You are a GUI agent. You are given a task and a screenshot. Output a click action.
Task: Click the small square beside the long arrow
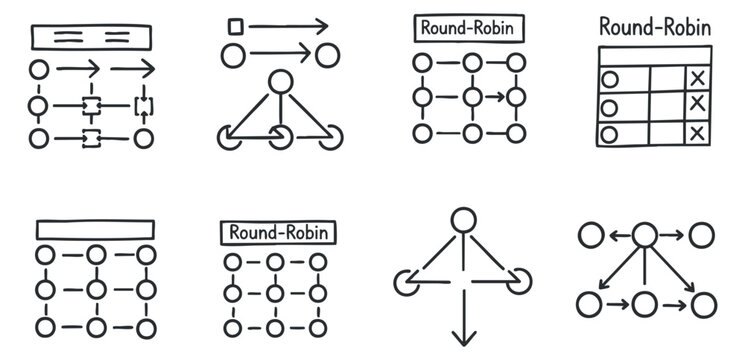tap(236, 26)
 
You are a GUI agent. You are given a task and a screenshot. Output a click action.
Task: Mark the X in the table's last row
tap(697, 133)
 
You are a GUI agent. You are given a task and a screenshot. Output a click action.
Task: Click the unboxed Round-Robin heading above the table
tap(655, 27)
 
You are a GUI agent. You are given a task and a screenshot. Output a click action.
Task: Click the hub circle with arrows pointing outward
tap(645, 236)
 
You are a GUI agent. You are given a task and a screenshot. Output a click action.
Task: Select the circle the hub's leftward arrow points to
tap(591, 236)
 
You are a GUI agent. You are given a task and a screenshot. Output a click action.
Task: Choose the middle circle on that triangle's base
tap(279, 137)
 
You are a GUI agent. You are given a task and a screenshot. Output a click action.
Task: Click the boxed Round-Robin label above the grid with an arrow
tap(470, 27)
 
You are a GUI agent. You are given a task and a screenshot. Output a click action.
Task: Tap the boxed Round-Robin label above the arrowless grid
tap(277, 232)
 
